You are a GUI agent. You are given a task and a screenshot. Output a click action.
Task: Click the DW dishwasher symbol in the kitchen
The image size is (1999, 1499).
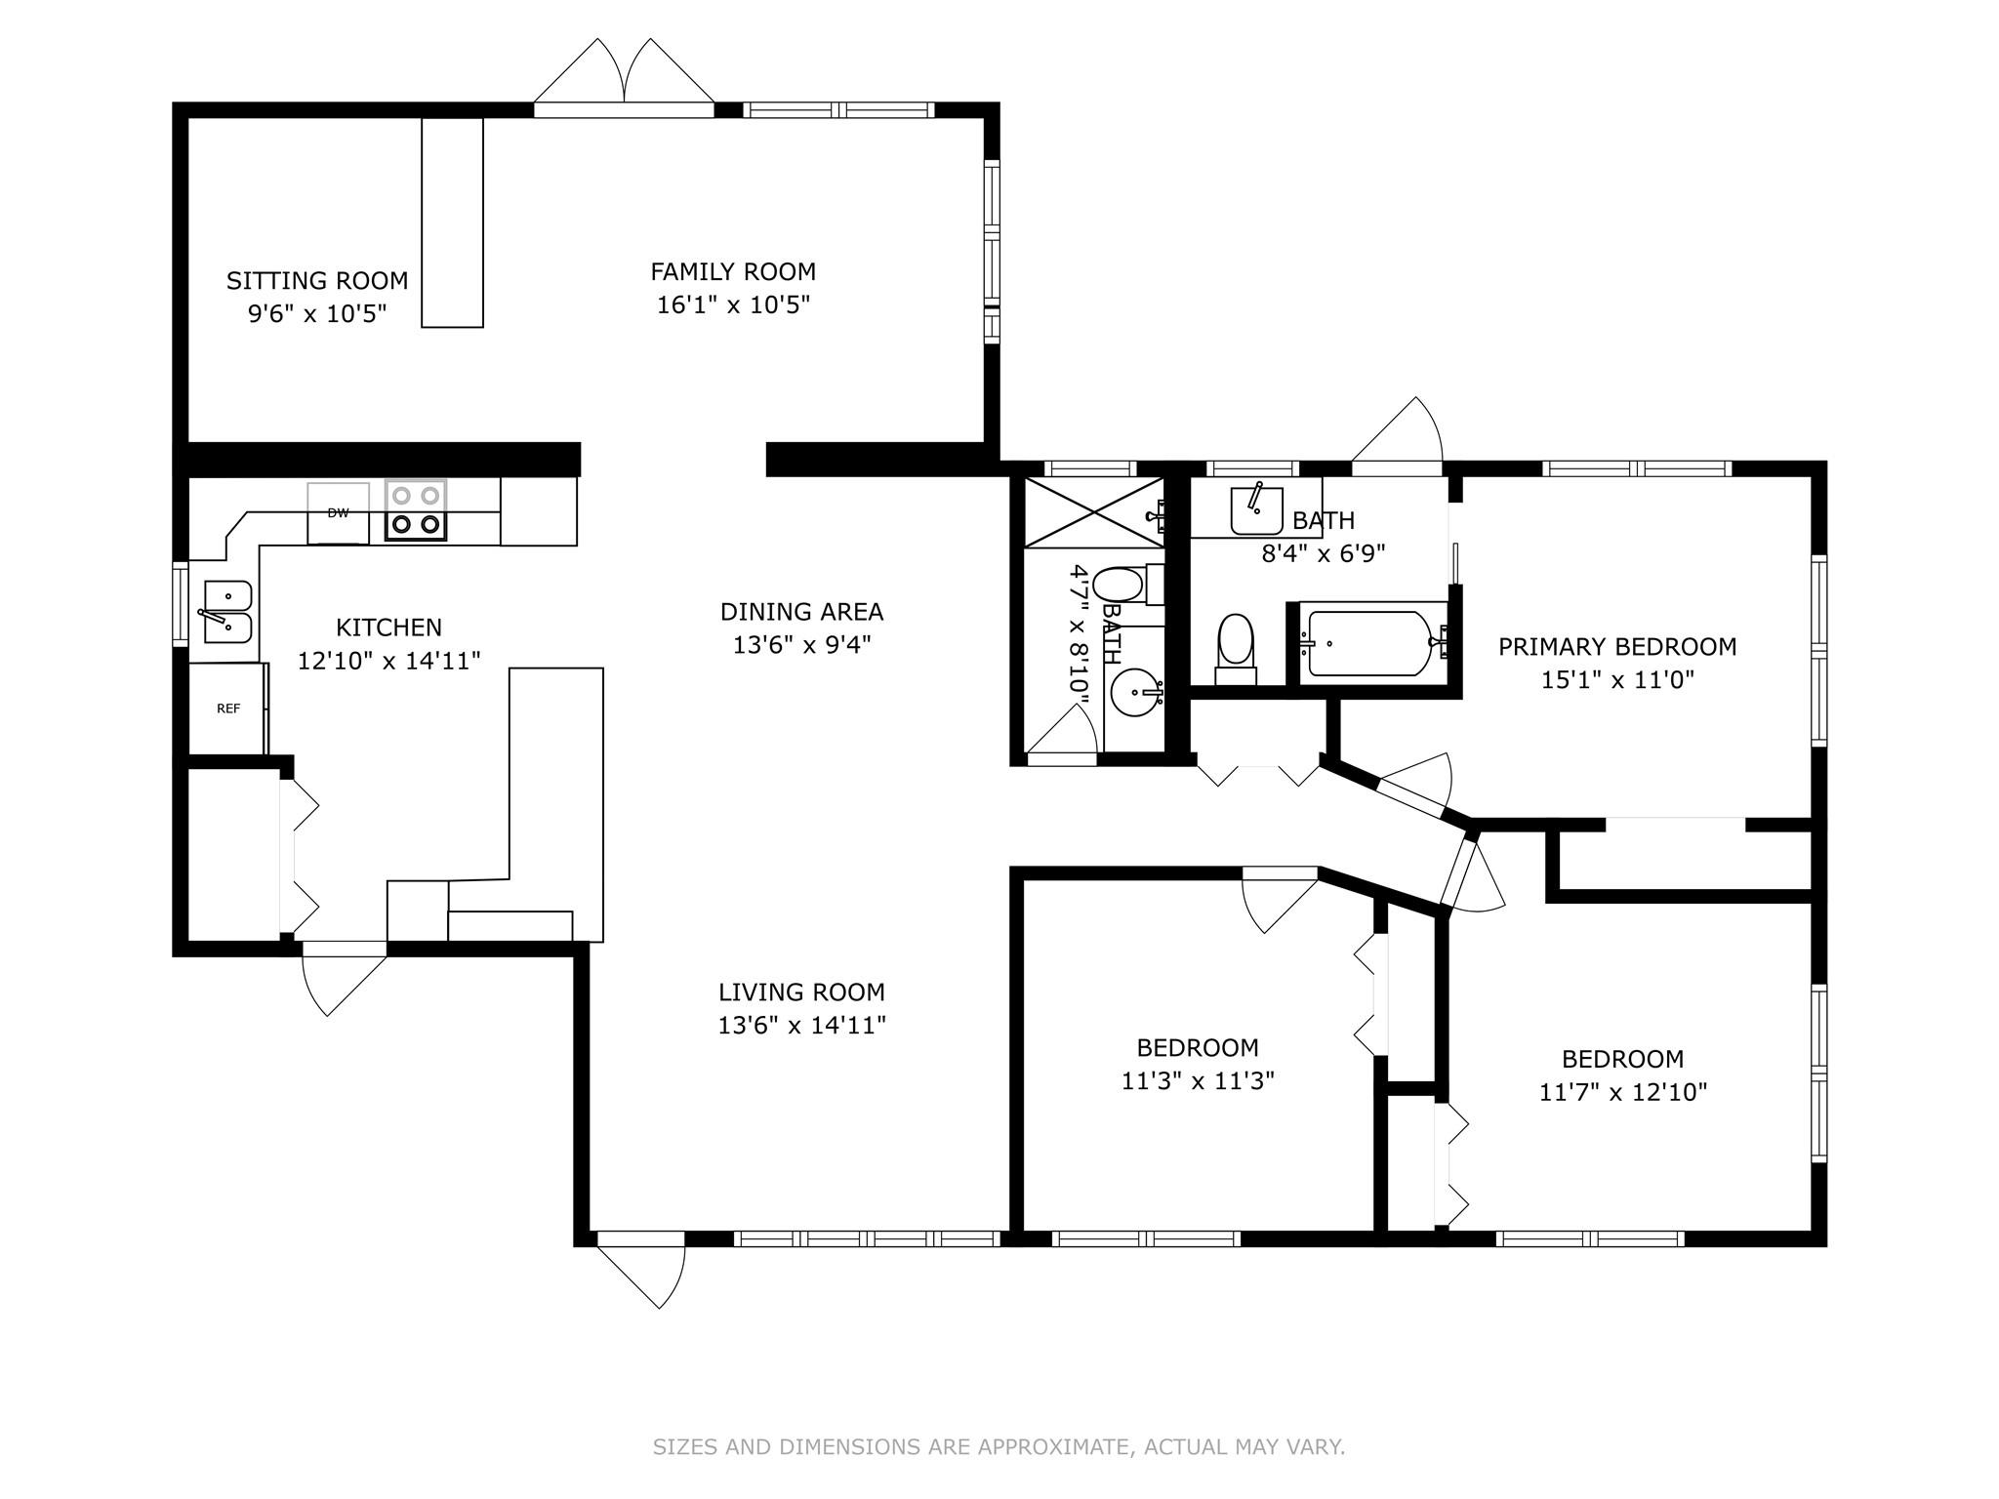[338, 513]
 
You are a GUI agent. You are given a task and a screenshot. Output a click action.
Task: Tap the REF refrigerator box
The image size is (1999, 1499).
[227, 709]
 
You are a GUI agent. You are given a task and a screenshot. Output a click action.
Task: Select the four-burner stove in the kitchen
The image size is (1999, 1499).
[415, 509]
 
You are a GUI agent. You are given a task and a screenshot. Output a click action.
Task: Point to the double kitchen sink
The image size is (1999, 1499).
[227, 612]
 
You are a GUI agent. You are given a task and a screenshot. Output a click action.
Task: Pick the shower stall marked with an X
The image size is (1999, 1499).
[1093, 512]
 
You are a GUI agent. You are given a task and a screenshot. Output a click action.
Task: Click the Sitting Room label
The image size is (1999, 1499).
[317, 281]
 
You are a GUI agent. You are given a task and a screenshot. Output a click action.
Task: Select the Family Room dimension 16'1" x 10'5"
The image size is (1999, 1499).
[733, 305]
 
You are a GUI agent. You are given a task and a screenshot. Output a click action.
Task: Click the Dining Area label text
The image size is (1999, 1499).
[801, 612]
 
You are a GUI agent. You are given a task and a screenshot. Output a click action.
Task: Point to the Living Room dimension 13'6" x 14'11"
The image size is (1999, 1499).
[801, 1026]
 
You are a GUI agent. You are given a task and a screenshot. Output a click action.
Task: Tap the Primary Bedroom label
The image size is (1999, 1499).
[1617, 647]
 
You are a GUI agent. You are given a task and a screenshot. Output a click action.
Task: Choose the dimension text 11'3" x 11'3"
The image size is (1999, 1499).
[1198, 1081]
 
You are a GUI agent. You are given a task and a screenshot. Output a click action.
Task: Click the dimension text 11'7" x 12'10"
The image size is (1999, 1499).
[1622, 1092]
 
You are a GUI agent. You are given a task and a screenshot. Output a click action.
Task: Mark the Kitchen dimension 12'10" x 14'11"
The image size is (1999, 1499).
[388, 662]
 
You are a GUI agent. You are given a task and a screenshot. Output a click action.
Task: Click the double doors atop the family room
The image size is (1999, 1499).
[624, 79]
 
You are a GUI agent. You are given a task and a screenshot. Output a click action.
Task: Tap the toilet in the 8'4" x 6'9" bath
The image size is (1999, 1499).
[1236, 648]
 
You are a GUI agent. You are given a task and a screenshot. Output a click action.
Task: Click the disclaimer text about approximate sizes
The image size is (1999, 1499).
[999, 1446]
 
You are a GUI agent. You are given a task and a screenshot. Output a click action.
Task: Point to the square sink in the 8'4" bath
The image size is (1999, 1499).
[1256, 507]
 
